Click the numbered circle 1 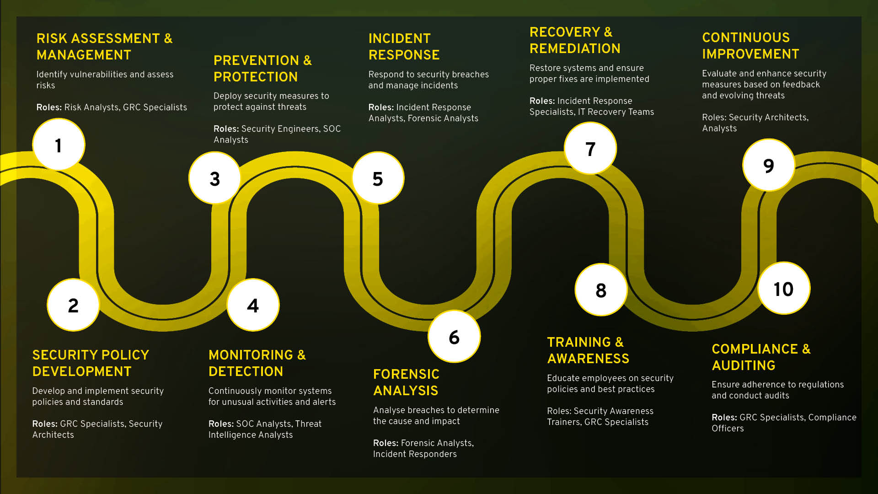(59, 145)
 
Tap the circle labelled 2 (73, 305)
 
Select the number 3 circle (214, 178)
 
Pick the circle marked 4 (253, 305)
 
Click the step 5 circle (378, 178)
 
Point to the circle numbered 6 (454, 337)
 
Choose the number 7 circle (590, 149)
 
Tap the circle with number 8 (601, 290)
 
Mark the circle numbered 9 (769, 166)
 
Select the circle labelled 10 (784, 289)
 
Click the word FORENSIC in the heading (406, 374)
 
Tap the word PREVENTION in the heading (256, 60)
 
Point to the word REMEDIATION (575, 48)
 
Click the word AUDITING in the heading (744, 365)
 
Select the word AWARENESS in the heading (588, 359)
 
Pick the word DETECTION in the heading (246, 371)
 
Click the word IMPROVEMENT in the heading (750, 54)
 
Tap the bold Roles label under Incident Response (381, 107)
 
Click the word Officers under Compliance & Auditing (728, 429)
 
